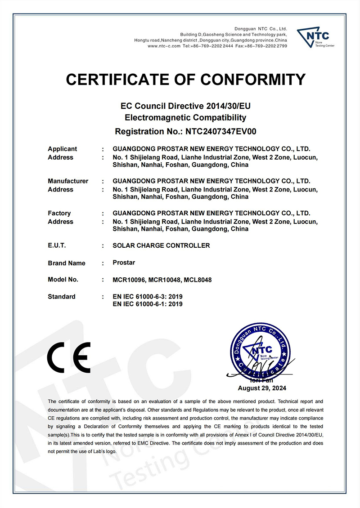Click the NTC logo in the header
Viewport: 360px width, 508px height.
pos(315,36)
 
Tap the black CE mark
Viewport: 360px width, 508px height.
pos(69,357)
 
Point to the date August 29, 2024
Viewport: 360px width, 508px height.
pos(262,388)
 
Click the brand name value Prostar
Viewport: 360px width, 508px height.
pos(124,263)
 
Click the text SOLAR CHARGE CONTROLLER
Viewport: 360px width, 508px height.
pos(161,245)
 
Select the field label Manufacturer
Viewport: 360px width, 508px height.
pos(68,181)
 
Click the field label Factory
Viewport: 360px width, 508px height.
pos(59,213)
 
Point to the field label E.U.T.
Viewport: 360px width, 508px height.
pos(57,245)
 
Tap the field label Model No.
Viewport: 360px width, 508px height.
pos(63,280)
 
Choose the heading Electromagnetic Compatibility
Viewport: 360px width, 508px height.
pos(185,118)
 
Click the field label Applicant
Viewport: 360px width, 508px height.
pos(62,149)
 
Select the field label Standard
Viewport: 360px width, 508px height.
pos(62,297)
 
